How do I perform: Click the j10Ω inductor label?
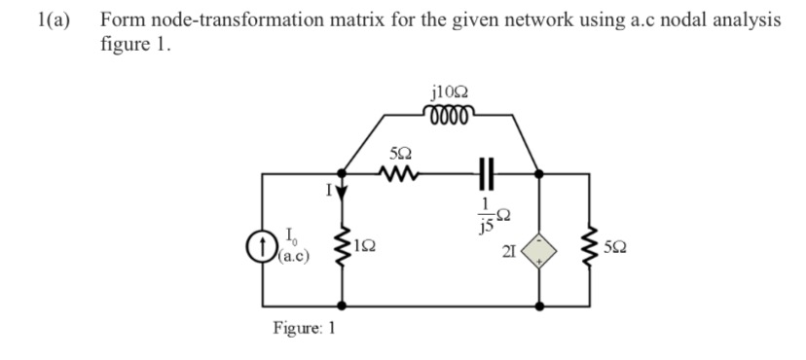click(448, 93)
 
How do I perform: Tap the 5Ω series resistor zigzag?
click(400, 175)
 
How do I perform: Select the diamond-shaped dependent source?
click(541, 253)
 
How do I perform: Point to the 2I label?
click(510, 254)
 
